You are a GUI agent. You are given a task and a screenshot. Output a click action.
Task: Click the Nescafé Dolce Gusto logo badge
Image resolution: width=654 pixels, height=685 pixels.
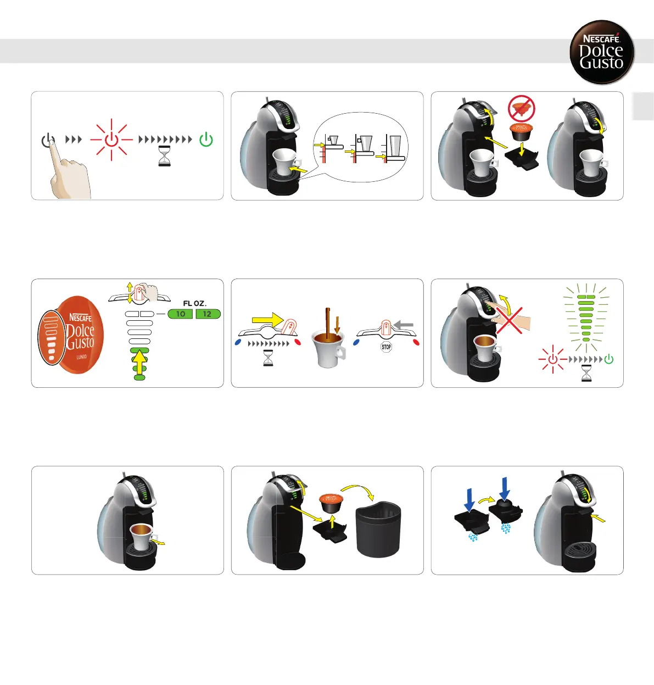602,52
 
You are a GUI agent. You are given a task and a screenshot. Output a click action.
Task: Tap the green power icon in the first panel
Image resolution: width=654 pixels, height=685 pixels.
206,140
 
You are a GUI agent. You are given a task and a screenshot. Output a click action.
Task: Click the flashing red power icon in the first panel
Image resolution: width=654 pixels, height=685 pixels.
111,140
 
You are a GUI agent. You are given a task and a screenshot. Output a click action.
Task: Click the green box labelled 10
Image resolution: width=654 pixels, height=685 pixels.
180,314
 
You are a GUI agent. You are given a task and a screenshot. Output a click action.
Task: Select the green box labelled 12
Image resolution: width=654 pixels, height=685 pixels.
208,314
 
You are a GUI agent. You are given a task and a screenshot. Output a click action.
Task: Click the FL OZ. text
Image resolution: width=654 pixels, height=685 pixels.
195,303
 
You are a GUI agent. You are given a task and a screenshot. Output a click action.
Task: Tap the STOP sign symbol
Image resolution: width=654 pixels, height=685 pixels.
387,347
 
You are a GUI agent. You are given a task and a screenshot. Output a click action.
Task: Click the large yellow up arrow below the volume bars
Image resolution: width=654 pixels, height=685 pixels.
140,363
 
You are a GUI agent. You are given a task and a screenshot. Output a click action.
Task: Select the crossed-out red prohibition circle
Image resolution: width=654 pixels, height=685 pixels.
521,108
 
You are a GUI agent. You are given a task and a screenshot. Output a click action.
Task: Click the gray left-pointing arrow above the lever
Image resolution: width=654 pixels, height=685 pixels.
404,325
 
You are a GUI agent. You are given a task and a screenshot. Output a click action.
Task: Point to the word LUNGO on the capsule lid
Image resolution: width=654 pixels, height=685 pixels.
81,357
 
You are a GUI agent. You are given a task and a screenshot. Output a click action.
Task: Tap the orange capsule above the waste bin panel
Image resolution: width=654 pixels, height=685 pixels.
331,502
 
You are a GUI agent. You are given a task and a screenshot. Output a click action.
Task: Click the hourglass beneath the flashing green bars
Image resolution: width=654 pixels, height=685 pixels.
586,374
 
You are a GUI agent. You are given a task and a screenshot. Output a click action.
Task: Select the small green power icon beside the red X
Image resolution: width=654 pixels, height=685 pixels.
608,360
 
